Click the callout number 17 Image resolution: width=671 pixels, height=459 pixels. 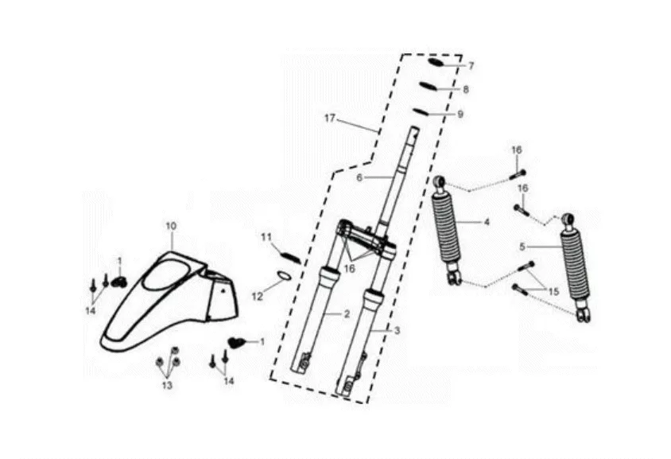(x=330, y=119)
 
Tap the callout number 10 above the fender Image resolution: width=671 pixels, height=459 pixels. (x=170, y=226)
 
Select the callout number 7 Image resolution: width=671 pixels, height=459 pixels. (x=471, y=65)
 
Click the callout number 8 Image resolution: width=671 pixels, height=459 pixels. (x=466, y=90)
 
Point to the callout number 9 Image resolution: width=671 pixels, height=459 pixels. (x=460, y=115)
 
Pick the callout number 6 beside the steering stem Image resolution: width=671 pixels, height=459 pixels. (x=359, y=177)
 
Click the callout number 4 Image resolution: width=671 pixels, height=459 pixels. (x=487, y=223)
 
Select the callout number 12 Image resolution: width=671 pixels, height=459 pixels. (x=257, y=296)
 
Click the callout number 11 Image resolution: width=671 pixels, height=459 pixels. (x=266, y=236)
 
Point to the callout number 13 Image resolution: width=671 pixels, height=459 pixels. (x=167, y=385)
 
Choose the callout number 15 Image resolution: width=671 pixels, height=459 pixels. (x=553, y=292)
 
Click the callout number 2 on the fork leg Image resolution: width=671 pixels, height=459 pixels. (x=347, y=314)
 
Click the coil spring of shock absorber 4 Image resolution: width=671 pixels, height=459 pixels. (x=447, y=231)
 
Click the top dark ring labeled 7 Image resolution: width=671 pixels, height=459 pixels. (x=436, y=62)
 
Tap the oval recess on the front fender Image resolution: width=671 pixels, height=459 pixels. (x=168, y=275)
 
